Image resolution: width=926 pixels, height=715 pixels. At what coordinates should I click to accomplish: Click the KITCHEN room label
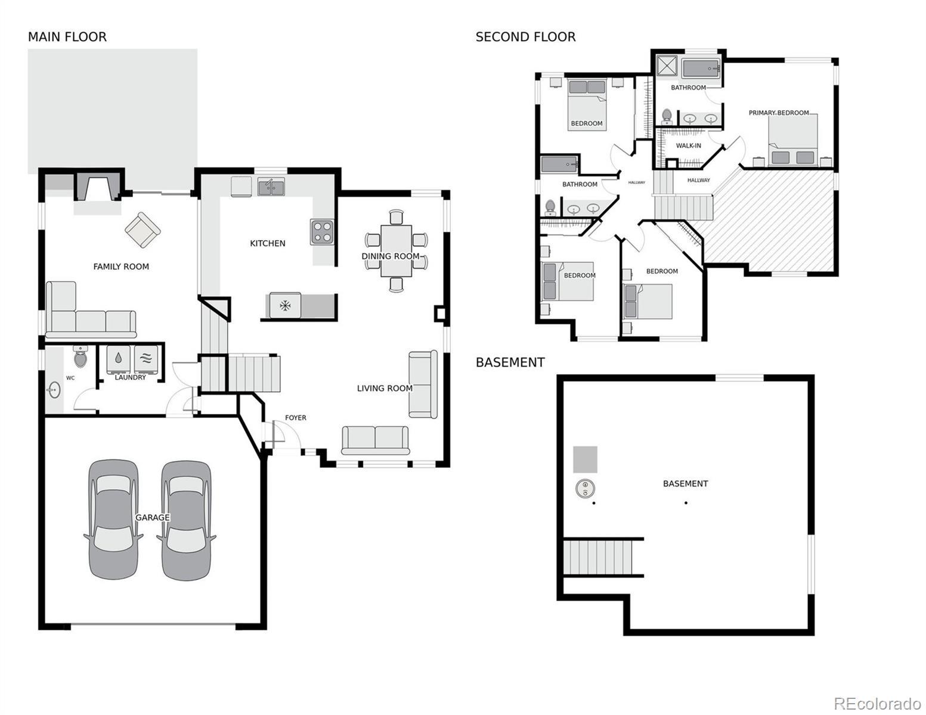(x=267, y=243)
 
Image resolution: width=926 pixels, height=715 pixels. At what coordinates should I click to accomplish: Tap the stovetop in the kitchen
(x=322, y=232)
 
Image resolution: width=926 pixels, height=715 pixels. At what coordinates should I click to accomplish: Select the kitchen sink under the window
(x=271, y=187)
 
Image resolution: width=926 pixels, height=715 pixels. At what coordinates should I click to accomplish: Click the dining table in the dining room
(x=396, y=251)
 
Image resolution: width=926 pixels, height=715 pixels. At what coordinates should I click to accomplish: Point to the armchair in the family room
(x=143, y=229)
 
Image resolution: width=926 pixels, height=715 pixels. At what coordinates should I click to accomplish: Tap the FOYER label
(x=295, y=418)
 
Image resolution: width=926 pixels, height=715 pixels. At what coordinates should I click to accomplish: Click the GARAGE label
(x=153, y=517)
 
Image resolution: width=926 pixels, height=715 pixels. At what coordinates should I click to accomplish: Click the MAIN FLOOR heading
(x=67, y=37)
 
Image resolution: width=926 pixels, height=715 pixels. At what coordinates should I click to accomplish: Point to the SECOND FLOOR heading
(x=525, y=37)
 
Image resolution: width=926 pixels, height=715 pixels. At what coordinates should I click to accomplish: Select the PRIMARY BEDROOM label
(x=779, y=113)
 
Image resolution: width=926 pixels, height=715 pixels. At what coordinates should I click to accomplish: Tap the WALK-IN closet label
(x=688, y=145)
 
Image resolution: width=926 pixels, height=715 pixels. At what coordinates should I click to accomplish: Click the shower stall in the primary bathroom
(x=667, y=66)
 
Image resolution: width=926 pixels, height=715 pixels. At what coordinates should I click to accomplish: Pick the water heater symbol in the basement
(x=585, y=488)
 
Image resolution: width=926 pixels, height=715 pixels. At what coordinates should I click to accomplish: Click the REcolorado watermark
(x=877, y=702)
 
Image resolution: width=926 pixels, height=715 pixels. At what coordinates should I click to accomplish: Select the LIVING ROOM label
(x=385, y=388)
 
